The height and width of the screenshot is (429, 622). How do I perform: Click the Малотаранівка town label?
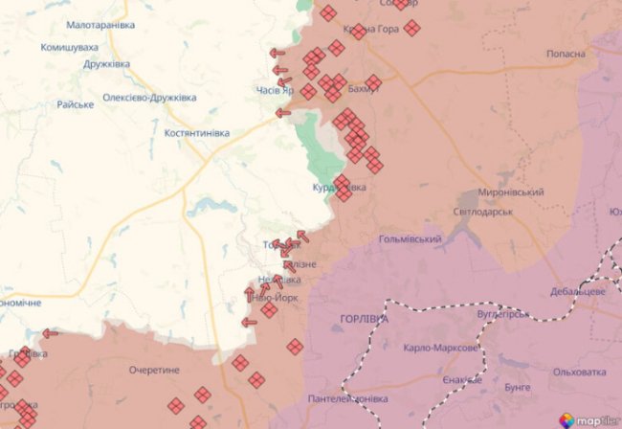point(100,24)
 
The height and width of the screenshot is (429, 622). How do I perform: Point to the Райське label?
point(75,103)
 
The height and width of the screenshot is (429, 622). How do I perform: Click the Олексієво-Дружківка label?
point(149,98)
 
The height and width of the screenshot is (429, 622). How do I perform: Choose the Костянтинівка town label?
point(197,132)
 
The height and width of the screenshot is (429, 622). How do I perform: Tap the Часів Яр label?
point(275,91)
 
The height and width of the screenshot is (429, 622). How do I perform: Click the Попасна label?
point(566,54)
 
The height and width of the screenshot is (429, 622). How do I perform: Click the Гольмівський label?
point(410,238)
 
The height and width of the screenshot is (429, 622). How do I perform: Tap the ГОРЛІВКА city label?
point(365,317)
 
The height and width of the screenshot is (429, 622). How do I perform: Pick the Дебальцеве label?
point(578,290)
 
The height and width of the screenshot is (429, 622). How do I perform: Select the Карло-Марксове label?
point(440,349)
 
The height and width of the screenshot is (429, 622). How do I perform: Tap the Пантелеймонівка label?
point(347,397)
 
